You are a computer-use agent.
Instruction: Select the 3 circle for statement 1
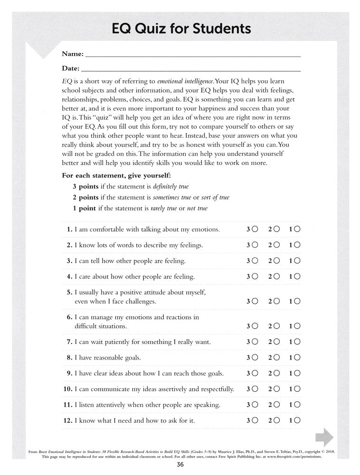(256, 229)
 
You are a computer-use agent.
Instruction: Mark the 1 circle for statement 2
(298, 245)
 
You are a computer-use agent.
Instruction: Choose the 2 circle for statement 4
(276, 276)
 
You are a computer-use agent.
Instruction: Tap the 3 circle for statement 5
(256, 301)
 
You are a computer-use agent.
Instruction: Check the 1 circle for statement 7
(298, 342)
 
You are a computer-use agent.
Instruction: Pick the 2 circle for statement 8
(276, 357)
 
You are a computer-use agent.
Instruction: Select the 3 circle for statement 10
(256, 389)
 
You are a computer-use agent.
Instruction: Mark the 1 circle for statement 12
(298, 420)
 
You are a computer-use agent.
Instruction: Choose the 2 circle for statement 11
(276, 405)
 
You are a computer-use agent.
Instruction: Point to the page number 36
(180, 465)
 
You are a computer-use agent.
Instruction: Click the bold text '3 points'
(85, 186)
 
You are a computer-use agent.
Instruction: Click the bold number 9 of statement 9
(69, 373)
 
